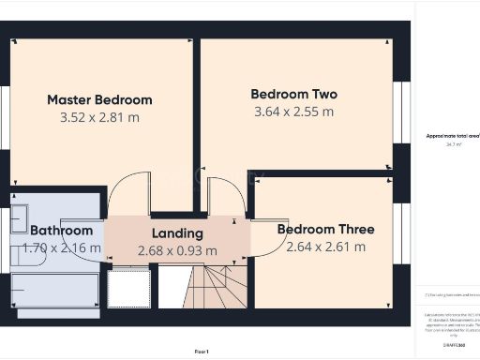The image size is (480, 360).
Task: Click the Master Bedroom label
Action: click(x=99, y=99)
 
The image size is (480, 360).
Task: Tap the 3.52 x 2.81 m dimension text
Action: click(x=99, y=117)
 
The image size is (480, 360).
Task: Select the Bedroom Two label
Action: click(x=293, y=94)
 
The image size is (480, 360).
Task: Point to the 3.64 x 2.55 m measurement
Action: click(x=293, y=112)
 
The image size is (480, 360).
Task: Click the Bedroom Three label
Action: click(x=325, y=229)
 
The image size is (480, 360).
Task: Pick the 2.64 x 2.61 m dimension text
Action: click(x=325, y=247)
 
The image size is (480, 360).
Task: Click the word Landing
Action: click(x=177, y=233)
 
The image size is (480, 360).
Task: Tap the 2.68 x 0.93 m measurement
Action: click(x=177, y=250)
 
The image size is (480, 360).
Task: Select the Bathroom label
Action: click(x=62, y=231)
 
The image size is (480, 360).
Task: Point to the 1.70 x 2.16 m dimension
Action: click(x=60, y=248)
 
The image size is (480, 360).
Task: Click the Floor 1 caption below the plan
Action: click(x=202, y=351)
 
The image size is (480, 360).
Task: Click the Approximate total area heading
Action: click(x=452, y=136)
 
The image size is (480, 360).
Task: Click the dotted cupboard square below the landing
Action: click(x=128, y=288)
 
